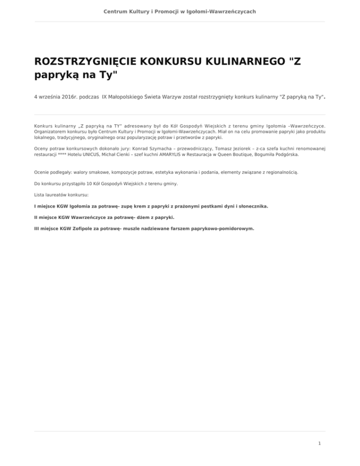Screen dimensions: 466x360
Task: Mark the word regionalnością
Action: (278, 172)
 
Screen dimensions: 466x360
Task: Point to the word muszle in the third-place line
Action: (128, 229)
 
